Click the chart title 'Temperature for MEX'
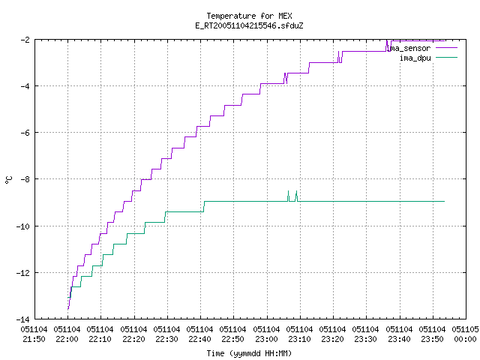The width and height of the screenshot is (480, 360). pos(249,16)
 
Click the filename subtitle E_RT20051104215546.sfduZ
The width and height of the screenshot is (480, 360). pos(249,25)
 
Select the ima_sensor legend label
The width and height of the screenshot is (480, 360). pos(408,48)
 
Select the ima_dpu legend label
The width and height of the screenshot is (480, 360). pos(415,58)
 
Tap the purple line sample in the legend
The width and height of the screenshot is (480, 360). pos(447,48)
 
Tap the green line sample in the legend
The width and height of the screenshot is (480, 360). pos(447,57)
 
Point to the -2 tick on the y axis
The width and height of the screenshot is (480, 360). pos(25,40)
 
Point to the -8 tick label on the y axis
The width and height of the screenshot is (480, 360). pos(25,179)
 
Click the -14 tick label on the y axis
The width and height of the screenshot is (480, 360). pos(23,319)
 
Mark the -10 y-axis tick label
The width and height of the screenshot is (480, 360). pos(23,226)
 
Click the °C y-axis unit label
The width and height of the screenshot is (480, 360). pos(9,180)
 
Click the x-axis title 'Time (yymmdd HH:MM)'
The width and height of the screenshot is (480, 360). pos(249,353)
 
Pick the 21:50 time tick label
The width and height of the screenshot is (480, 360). pos(34,339)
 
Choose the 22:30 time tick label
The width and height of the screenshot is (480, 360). pos(166,339)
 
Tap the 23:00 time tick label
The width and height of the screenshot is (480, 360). pos(267,339)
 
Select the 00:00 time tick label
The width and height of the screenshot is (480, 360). pos(465,339)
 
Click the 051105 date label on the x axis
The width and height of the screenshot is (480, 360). pos(465,329)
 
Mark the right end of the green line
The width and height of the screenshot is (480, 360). pos(444,202)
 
